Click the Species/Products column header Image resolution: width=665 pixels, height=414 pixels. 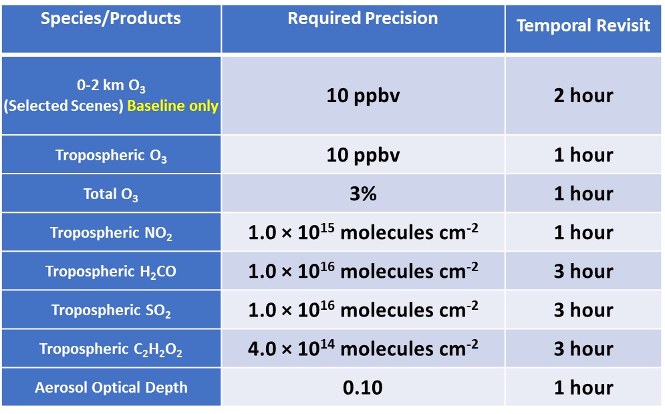pos(111,19)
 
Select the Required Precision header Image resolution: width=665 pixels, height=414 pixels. pos(363,19)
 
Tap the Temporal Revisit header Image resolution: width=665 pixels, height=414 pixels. pos(583,26)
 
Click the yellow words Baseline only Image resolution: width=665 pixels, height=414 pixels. pos(173,106)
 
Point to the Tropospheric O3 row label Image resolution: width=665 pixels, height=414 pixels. pos(111,156)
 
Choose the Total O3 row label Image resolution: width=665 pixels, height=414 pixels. pos(111,194)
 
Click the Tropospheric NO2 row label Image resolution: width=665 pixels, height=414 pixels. pos(111,233)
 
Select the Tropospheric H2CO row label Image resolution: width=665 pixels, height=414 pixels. pos(111,272)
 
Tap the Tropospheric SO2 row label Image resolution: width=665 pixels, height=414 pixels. pos(111,310)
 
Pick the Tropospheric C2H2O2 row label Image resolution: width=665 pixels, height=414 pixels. pos(111,349)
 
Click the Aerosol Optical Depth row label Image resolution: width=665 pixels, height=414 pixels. pos(111,388)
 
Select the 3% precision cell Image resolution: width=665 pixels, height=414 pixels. pos(363,194)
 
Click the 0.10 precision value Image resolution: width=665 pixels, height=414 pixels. pos(363,387)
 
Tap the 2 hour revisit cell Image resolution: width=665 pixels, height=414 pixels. pos(583,95)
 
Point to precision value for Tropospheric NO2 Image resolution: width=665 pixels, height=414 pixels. pos(363,232)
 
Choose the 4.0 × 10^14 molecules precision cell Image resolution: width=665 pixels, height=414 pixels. pos(363,349)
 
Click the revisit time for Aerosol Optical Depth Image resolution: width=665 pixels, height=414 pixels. pos(583,387)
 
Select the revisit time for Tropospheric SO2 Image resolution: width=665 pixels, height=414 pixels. pos(583,310)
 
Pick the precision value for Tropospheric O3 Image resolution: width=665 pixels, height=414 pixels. pos(363,155)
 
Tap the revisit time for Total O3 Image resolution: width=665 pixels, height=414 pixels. pos(583,194)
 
